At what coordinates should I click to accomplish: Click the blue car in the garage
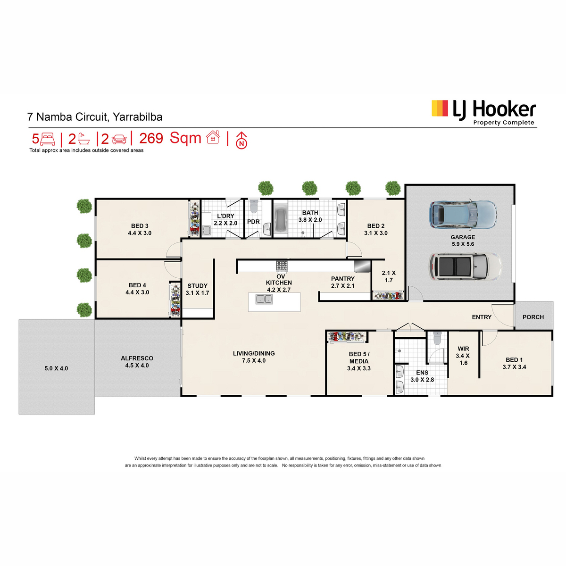[463, 215]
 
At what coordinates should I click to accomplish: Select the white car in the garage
[465, 266]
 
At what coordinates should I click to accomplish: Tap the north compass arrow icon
[241, 140]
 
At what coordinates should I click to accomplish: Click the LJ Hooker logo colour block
[440, 108]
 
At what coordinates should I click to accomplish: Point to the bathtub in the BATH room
[282, 218]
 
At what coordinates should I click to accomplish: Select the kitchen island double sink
[264, 300]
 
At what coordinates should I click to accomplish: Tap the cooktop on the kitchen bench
[282, 266]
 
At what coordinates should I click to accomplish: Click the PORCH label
[533, 317]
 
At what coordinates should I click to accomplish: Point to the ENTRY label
[482, 317]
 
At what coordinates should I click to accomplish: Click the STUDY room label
[197, 286]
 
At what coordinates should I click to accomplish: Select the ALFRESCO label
[137, 358]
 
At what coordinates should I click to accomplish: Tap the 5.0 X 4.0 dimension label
[56, 368]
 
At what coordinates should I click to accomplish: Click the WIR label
[463, 349]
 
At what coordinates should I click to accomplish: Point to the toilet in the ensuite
[437, 338]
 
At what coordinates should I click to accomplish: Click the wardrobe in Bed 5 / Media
[347, 337]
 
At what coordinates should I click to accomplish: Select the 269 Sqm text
[170, 138]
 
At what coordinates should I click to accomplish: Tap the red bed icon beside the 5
[48, 139]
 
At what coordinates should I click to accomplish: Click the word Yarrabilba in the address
[137, 117]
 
